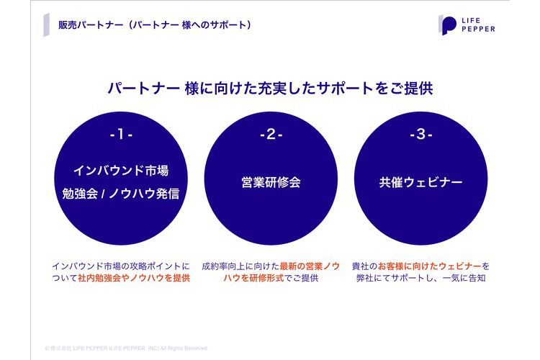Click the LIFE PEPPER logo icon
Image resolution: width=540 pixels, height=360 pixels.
447,25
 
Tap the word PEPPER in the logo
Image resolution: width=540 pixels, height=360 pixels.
478,30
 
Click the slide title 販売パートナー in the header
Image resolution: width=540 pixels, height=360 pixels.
91,25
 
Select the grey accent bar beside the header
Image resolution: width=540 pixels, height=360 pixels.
47,24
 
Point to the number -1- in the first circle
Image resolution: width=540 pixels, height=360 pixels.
121,135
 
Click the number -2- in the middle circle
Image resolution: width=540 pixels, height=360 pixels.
271,135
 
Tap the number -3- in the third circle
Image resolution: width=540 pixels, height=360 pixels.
421,135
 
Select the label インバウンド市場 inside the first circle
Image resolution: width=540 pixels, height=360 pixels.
121,171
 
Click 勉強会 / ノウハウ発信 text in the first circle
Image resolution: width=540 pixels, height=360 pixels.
121,194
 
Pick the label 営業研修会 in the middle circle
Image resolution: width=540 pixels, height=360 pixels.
271,182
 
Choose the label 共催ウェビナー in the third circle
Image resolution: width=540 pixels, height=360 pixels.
421,182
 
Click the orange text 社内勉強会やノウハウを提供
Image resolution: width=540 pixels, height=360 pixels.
134,278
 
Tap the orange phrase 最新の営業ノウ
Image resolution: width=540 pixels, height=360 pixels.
310,266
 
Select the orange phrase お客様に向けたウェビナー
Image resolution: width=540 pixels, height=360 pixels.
429,266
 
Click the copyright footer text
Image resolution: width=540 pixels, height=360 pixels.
127,348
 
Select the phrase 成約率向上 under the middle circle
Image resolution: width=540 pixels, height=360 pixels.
223,266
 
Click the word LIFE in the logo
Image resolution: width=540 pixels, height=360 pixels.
471,21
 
